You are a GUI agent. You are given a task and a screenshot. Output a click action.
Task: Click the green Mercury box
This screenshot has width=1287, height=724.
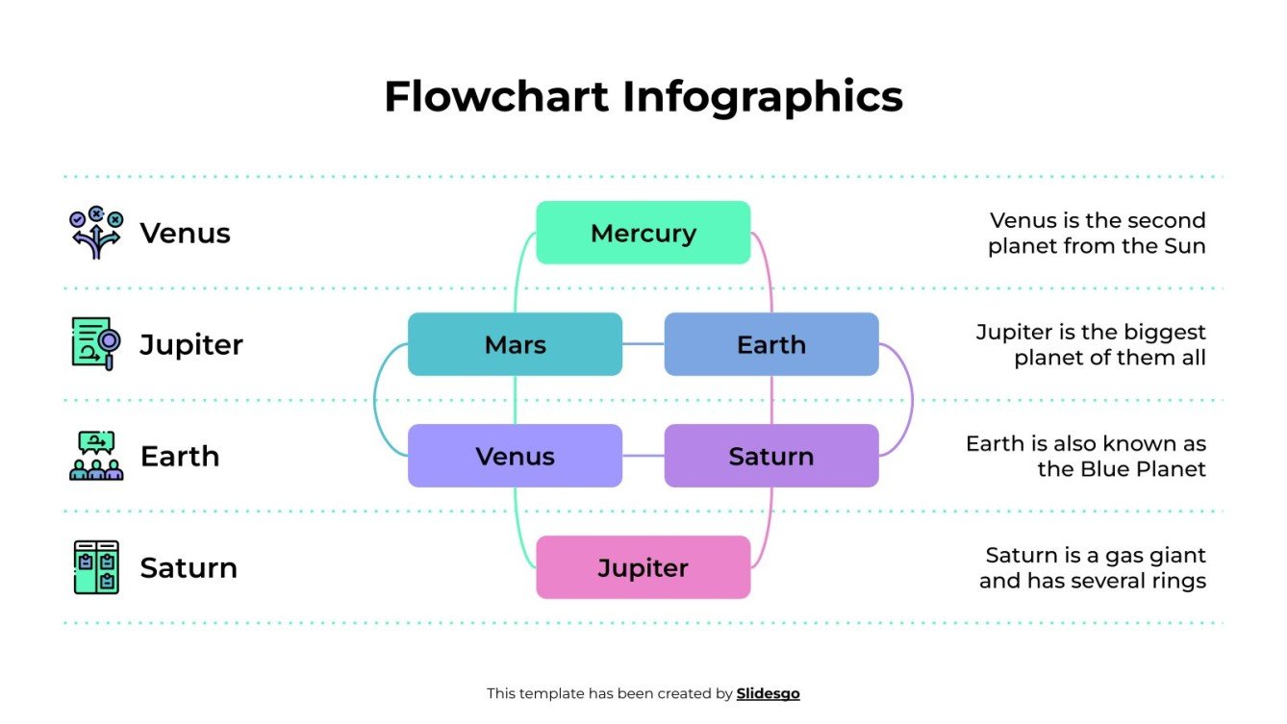643,233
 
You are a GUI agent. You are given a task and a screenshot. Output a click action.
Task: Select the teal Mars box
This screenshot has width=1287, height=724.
515,344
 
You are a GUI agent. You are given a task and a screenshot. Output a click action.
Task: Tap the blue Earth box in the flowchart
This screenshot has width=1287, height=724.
771,344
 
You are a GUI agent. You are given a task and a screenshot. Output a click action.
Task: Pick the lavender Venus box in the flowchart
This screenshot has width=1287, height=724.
515,456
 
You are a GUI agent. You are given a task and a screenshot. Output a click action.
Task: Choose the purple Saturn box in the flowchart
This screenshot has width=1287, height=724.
771,456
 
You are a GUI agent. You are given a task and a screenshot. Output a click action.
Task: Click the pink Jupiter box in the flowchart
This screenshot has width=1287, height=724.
643,567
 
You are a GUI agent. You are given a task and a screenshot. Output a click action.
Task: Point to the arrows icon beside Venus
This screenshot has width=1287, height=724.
96,233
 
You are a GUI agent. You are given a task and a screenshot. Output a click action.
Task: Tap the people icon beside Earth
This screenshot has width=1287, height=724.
96,456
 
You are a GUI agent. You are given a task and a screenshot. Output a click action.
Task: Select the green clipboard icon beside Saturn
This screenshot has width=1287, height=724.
96,567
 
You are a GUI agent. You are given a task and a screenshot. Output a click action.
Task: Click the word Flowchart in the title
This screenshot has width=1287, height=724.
496,97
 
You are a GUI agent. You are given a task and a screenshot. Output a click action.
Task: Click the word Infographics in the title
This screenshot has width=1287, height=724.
762,97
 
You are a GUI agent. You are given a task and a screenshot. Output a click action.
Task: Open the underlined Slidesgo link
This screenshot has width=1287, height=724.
768,693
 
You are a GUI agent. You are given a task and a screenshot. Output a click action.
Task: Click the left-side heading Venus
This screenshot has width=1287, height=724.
185,233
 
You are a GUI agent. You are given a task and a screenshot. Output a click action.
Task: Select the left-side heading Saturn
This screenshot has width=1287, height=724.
189,567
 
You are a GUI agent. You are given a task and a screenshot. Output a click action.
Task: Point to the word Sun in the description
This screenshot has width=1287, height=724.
1184,246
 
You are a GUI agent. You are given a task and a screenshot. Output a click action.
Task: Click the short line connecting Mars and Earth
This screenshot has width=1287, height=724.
643,344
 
